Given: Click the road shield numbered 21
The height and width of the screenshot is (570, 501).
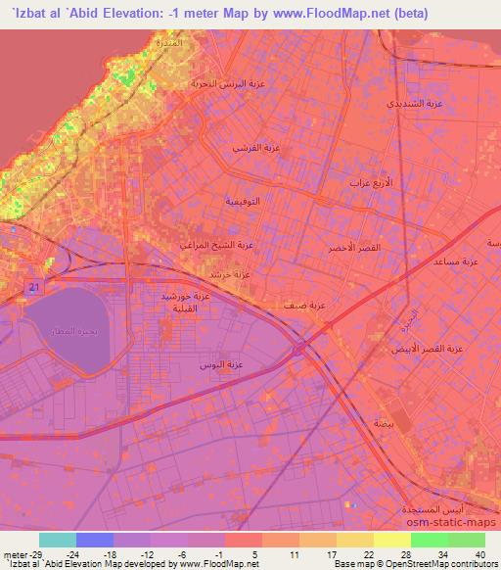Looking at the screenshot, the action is point(33,286).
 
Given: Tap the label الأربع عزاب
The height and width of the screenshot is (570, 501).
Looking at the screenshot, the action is point(371,183).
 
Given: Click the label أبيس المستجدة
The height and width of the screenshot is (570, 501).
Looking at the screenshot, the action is point(437,511).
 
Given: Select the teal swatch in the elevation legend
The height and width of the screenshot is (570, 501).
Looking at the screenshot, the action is point(58,540).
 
